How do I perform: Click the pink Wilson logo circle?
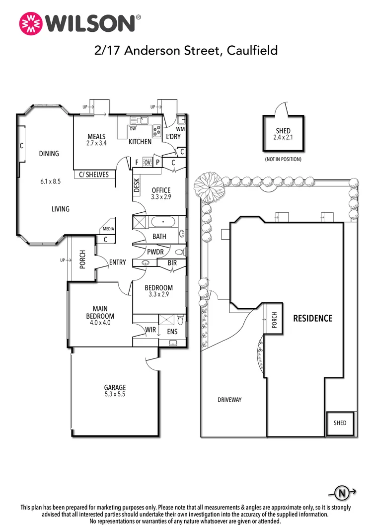click(x=31, y=23)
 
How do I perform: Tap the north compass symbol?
click(x=342, y=493)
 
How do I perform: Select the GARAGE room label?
click(x=115, y=387)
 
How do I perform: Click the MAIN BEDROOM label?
click(x=100, y=312)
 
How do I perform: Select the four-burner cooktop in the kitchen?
click(x=157, y=131)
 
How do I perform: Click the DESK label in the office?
click(x=137, y=185)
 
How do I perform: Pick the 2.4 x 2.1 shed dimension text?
click(x=283, y=137)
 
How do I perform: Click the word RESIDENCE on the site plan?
click(x=312, y=318)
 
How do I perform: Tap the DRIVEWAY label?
click(x=229, y=400)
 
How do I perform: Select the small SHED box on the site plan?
click(x=340, y=424)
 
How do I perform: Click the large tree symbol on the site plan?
click(x=208, y=184)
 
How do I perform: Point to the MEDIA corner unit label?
click(x=108, y=229)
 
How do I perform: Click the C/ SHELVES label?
click(x=94, y=175)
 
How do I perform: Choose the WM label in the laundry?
click(x=180, y=129)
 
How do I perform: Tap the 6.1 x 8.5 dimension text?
click(x=50, y=181)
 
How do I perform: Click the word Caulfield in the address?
click(x=252, y=50)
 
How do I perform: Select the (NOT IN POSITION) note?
click(x=283, y=159)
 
